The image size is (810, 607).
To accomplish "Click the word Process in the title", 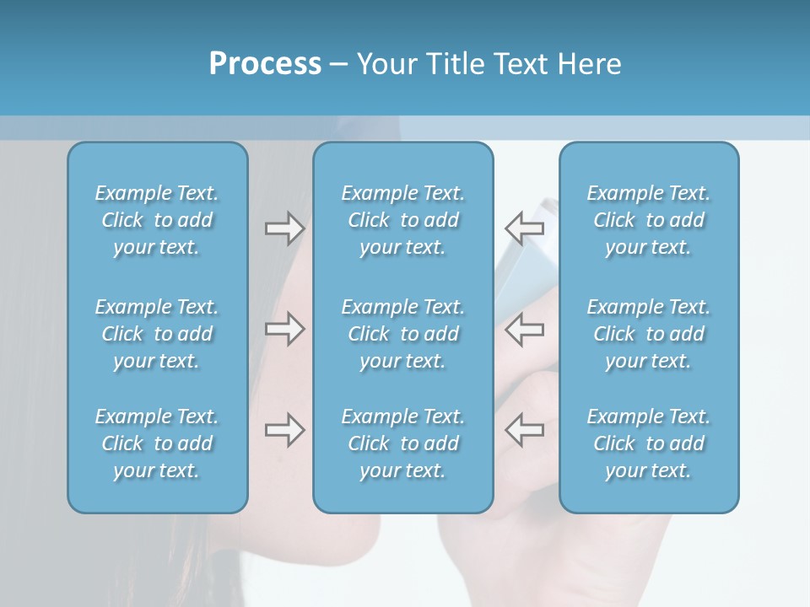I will click(265, 64).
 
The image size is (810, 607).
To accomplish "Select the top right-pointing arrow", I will click(284, 228).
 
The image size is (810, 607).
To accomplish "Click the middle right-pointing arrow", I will click(284, 329).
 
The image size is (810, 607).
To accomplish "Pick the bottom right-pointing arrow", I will click(284, 430).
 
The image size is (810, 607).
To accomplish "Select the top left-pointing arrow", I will click(524, 228).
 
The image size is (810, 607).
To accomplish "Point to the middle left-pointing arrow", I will click(524, 329).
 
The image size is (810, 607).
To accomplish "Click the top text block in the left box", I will click(157, 220).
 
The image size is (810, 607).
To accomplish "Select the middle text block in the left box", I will click(157, 334).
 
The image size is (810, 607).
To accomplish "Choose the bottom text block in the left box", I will click(157, 443).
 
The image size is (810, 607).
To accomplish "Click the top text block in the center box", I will click(403, 220).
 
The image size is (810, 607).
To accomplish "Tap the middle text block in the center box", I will click(403, 334).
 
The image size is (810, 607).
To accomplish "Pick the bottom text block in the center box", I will click(403, 443).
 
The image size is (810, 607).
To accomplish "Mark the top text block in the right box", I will click(649, 220).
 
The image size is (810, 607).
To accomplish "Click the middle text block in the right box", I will click(649, 334).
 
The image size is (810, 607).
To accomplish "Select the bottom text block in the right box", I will click(649, 443).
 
